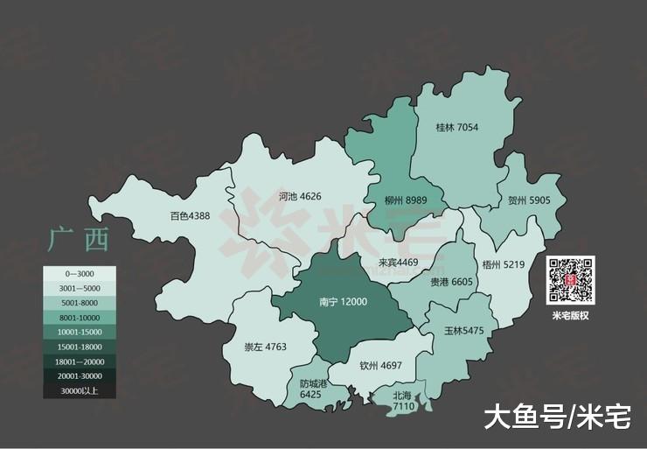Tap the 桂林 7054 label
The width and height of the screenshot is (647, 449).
457,128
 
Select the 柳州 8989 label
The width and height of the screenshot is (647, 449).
406,200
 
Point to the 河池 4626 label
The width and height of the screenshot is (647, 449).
300,196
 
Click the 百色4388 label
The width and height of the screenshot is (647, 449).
190,216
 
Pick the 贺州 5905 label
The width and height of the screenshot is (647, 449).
529,200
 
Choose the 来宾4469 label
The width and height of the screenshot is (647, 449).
398,262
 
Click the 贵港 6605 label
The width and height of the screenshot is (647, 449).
450,282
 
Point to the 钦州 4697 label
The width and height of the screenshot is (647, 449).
379,365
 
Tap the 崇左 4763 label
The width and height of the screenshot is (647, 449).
265,347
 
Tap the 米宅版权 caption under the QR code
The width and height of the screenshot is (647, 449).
570,316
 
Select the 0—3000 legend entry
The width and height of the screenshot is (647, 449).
80,274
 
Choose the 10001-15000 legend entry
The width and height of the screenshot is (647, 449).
80,333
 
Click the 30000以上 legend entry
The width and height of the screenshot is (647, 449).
80,391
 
